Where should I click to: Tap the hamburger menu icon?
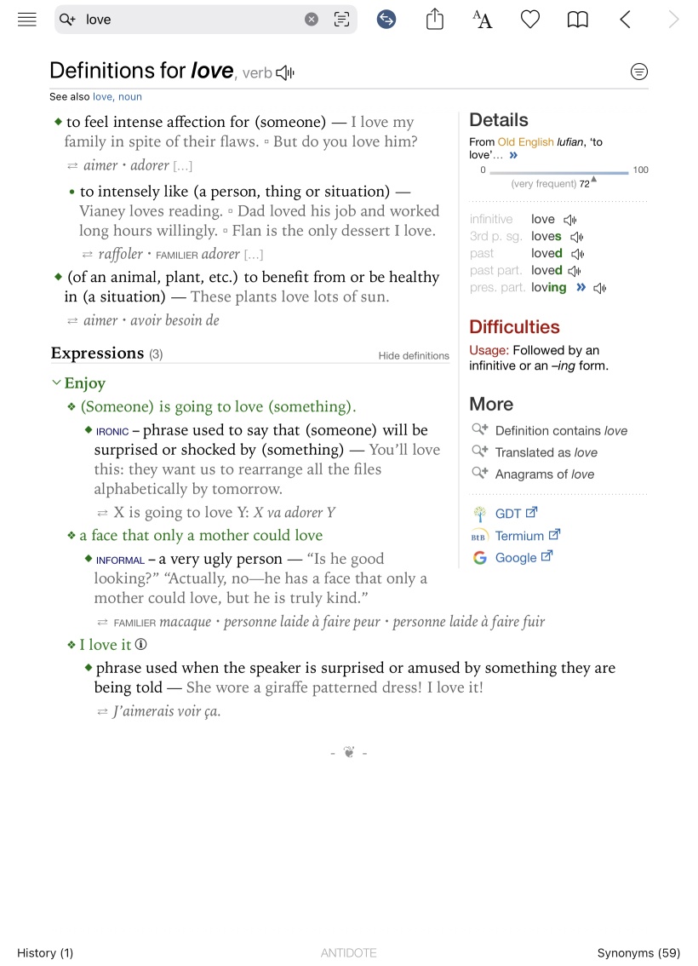tap(27, 20)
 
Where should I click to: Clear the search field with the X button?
tap(312, 20)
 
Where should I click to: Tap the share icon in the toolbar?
tap(435, 20)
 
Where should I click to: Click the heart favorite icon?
tap(530, 20)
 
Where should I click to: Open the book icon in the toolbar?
tap(578, 20)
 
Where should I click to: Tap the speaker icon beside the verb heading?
tap(285, 73)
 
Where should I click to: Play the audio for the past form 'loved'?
tap(577, 254)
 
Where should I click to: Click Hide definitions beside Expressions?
tap(414, 356)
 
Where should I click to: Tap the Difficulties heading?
tap(514, 327)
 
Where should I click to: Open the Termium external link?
tap(519, 536)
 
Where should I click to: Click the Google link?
tap(516, 558)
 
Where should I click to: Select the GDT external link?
tap(508, 514)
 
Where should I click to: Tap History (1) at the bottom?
tap(45, 953)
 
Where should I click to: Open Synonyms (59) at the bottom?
tap(638, 953)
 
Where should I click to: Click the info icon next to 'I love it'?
tap(141, 645)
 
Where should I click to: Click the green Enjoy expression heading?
tap(84, 383)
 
